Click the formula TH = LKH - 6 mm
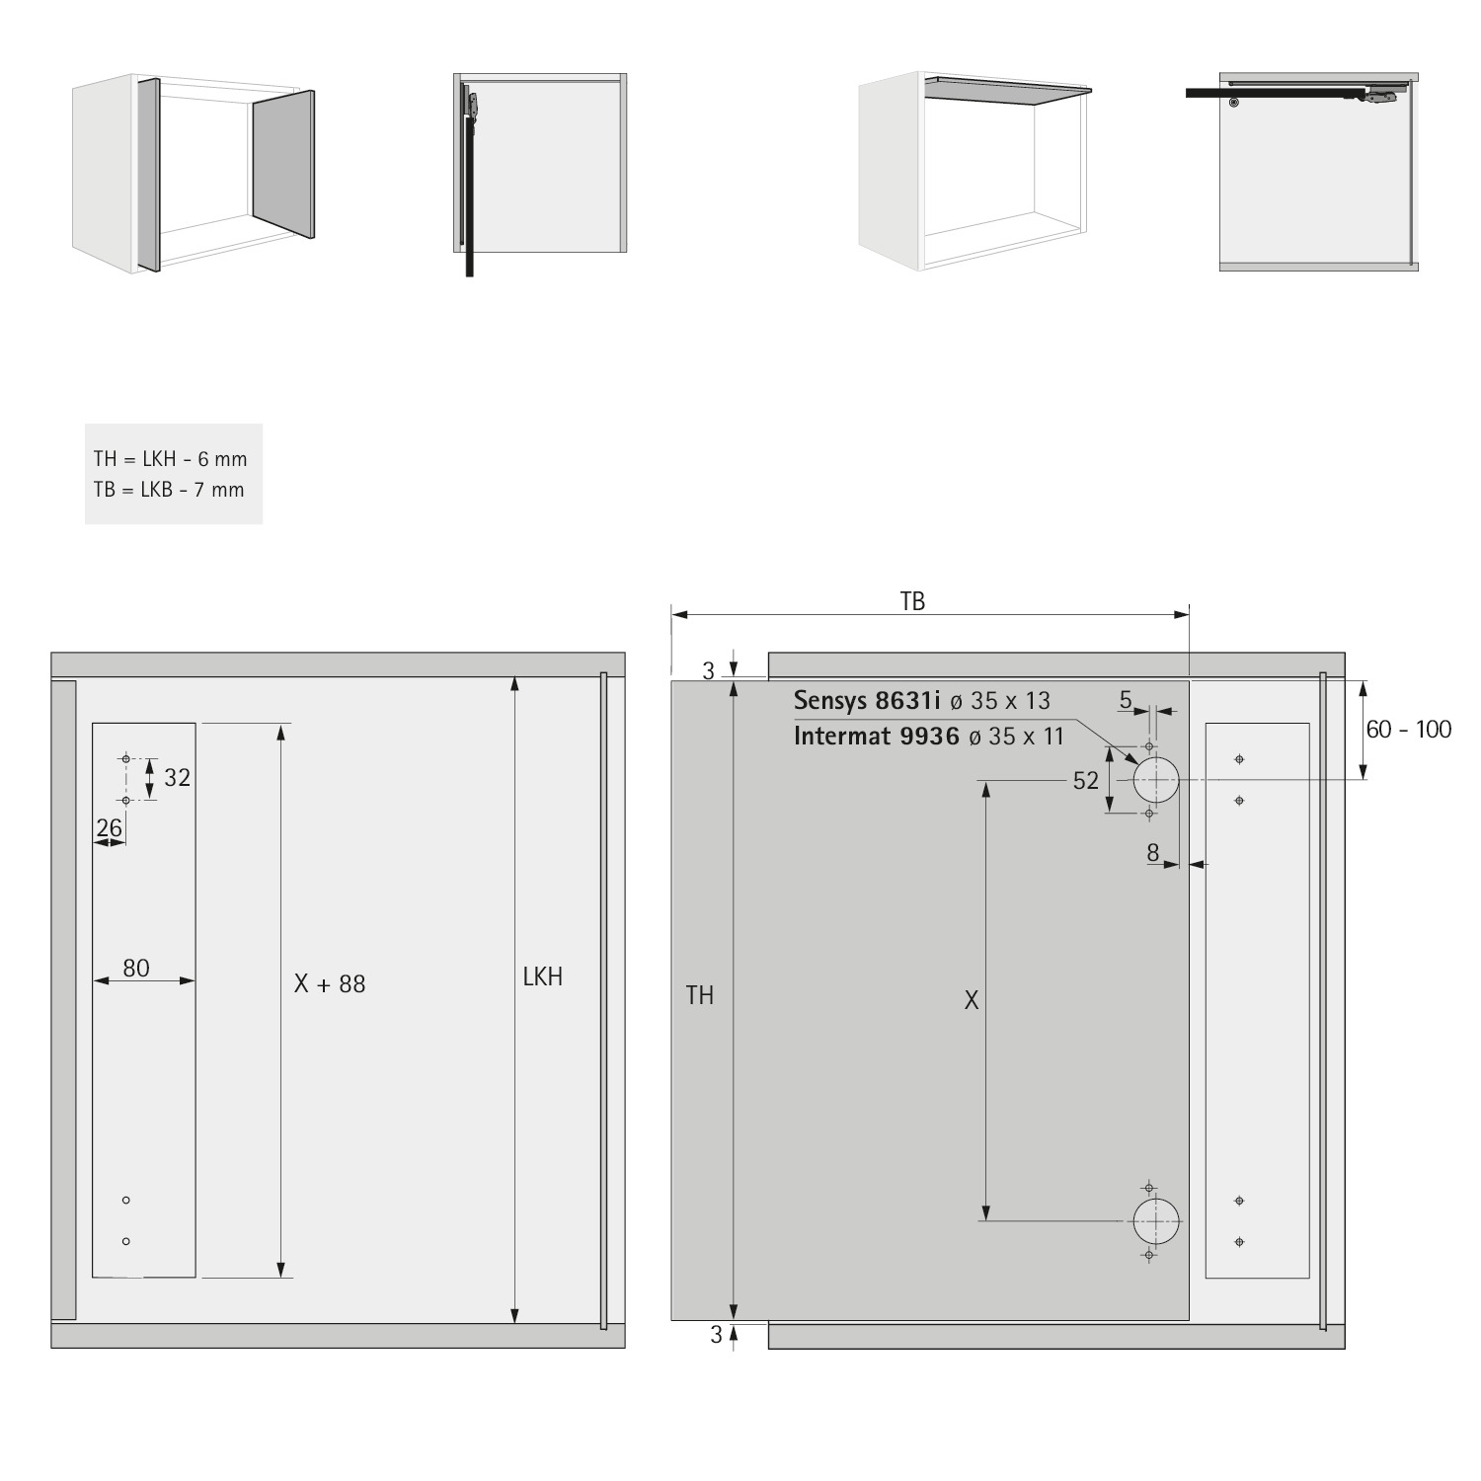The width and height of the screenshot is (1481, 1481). [x=170, y=459]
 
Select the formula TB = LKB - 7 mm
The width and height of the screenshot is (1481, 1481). [x=169, y=490]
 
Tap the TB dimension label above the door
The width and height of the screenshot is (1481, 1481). [x=912, y=601]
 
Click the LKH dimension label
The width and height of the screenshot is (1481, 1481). [x=543, y=976]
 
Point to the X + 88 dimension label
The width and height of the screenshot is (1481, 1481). [x=330, y=983]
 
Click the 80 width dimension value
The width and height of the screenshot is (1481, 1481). [x=136, y=968]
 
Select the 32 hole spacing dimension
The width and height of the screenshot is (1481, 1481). [x=177, y=778]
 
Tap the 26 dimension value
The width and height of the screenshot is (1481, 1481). [x=110, y=826]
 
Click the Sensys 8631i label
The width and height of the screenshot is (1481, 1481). [x=867, y=701]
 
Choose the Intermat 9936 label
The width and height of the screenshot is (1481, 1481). [x=876, y=736]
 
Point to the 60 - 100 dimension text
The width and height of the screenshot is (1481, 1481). [x=1409, y=730]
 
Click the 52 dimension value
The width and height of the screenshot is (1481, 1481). [x=1085, y=781]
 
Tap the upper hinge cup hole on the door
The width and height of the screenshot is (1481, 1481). [x=1155, y=780]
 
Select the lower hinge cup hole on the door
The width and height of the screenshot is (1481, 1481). [x=1155, y=1221]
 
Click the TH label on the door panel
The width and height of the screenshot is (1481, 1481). [x=700, y=995]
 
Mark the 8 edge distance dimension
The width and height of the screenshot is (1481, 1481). [x=1153, y=853]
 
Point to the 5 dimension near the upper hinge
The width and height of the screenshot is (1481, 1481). [x=1126, y=701]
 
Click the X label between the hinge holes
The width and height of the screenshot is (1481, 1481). [x=972, y=1000]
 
